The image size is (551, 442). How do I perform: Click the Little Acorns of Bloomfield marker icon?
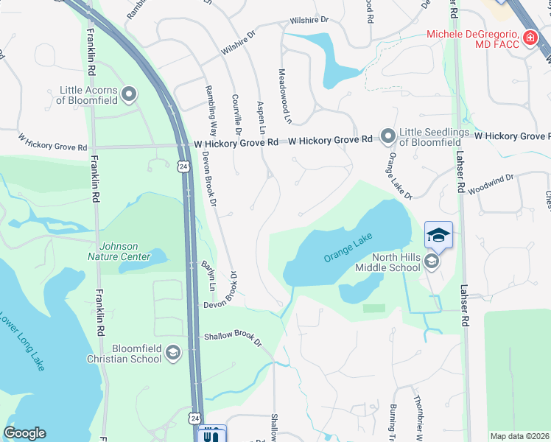(130, 94)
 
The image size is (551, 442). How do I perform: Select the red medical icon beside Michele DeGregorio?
(529, 38)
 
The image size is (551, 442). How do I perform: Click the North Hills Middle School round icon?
(432, 262)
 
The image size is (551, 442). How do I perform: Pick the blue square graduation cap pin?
(438, 235)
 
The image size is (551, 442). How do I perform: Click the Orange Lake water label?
(348, 248)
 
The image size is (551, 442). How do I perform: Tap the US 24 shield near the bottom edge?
(194, 418)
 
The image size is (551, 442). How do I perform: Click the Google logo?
(25, 432)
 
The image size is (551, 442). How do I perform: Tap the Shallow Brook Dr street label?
(233, 338)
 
